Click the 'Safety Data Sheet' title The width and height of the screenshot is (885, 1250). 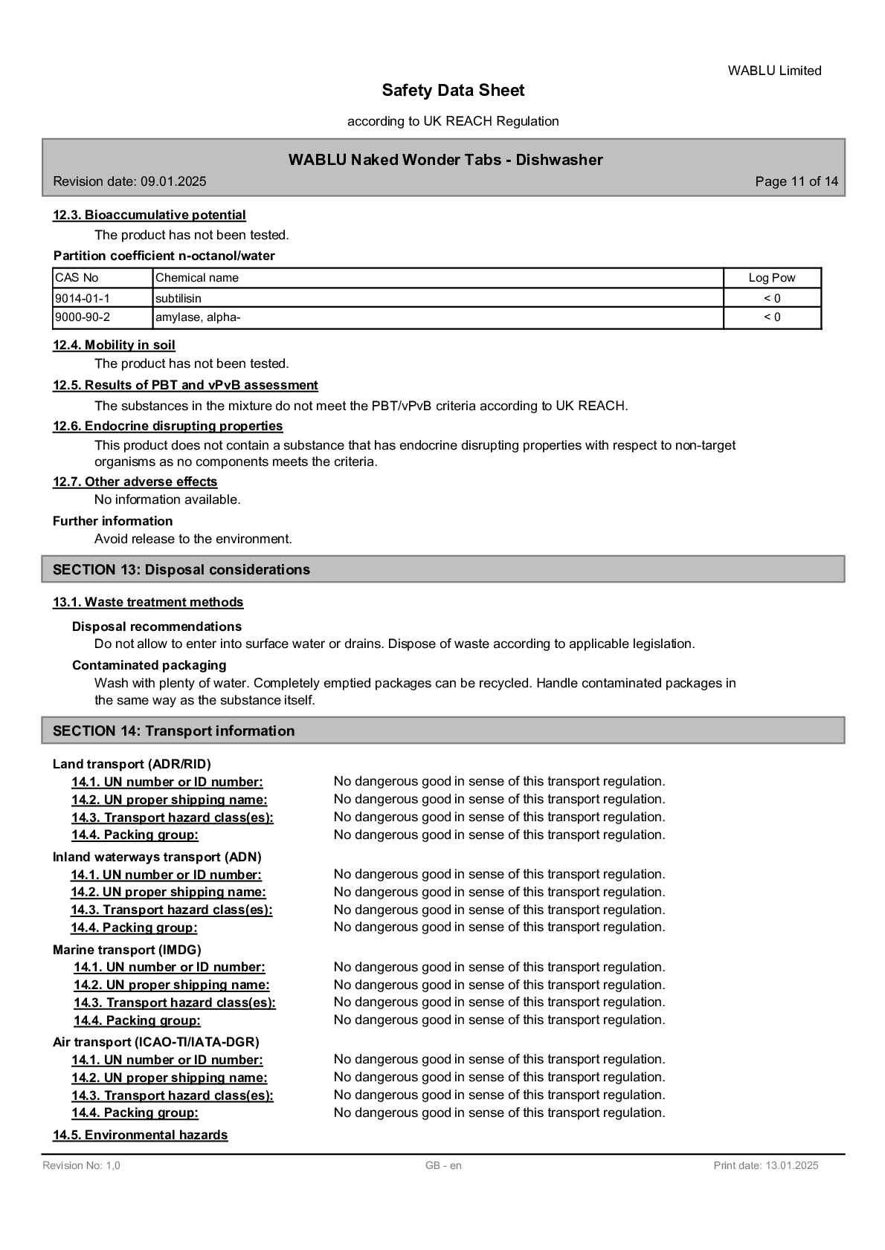(453, 91)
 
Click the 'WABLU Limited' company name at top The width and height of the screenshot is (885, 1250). (774, 71)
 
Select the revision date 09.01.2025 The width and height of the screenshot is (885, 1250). (129, 181)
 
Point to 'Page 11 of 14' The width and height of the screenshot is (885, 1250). (796, 181)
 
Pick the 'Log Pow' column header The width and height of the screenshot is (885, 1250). (771, 278)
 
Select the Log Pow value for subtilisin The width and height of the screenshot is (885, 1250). (772, 298)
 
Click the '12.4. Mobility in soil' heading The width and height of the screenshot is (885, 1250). (114, 345)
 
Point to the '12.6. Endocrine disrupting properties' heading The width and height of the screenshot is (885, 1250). (167, 426)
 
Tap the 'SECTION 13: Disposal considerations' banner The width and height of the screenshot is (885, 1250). (181, 569)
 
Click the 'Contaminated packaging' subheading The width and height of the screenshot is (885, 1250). (149, 665)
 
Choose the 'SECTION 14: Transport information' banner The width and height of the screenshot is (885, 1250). (173, 731)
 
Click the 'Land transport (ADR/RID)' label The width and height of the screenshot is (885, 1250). (132, 764)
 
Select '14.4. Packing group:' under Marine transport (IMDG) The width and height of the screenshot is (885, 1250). (137, 1020)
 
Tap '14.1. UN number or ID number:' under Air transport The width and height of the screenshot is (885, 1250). (167, 1060)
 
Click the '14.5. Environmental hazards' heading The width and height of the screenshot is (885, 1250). (140, 1135)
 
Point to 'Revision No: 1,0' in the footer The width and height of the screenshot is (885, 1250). (81, 1165)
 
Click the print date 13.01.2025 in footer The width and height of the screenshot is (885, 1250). (765, 1165)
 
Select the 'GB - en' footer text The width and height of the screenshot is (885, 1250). (443, 1165)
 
